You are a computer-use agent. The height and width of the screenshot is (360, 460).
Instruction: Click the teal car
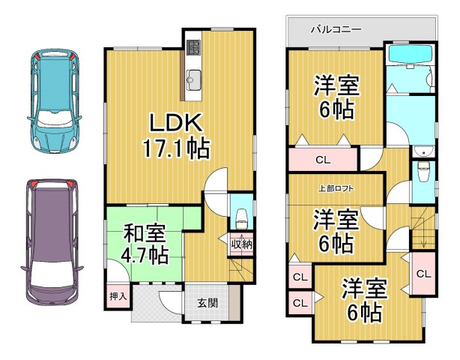pyautogui.click(x=54, y=101)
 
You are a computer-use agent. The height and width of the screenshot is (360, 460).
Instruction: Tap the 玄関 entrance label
pyautogui.click(x=208, y=303)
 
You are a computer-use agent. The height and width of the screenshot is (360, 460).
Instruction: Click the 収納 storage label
pyautogui.click(x=241, y=244)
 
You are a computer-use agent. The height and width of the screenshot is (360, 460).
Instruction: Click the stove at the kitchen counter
pyautogui.click(x=193, y=47)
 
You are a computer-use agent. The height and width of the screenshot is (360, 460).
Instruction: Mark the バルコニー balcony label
pyautogui.click(x=336, y=29)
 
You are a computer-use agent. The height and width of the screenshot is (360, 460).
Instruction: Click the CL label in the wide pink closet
pyautogui.click(x=322, y=159)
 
